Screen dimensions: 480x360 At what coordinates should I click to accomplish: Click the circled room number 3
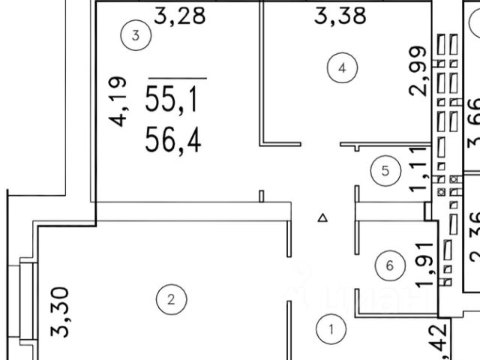click(136, 34)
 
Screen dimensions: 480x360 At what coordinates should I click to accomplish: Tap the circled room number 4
click(341, 69)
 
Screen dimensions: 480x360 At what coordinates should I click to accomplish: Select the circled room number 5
click(385, 170)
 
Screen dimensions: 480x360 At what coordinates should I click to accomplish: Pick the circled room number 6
click(388, 265)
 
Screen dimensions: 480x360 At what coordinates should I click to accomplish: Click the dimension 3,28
click(179, 15)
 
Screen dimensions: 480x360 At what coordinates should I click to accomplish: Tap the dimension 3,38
click(340, 15)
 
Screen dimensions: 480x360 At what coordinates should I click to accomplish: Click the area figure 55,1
click(172, 98)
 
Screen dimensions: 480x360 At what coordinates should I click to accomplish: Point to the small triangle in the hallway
click(322, 218)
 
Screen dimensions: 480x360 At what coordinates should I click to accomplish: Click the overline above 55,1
click(177, 76)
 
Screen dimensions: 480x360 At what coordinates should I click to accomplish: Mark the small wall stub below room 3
click(261, 196)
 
